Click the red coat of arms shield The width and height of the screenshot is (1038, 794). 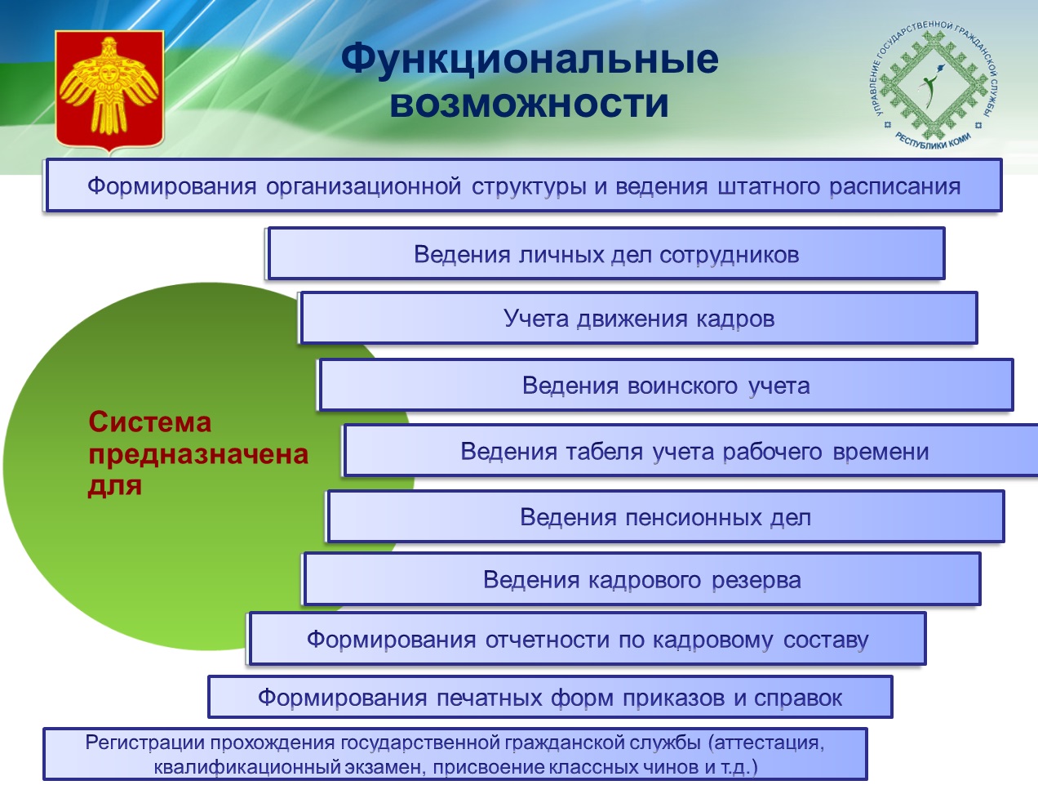point(109,91)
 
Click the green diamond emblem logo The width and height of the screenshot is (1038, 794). point(935,86)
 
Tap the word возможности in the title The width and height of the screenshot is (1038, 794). point(529,104)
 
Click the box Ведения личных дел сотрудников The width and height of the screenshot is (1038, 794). point(606,254)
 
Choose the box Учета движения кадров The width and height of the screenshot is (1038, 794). point(639,318)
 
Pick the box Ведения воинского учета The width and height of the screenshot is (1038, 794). point(666,386)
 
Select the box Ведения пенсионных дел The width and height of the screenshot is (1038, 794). point(666,516)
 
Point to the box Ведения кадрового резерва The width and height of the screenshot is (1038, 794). point(642,579)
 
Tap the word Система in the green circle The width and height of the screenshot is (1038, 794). point(149,422)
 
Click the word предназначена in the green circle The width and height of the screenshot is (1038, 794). point(198,455)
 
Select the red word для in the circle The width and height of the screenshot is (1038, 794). point(115,486)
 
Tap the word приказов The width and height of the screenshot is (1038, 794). point(673,698)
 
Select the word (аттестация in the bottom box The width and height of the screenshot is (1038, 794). point(766,743)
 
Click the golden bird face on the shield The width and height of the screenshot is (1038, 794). point(108,73)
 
